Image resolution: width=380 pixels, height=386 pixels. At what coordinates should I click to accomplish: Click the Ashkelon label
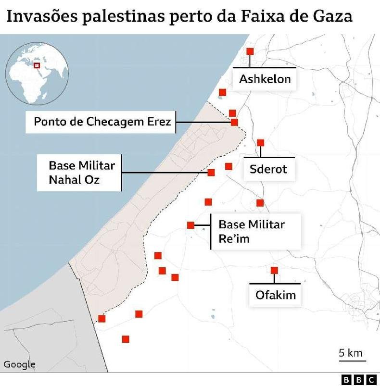[x=265, y=79]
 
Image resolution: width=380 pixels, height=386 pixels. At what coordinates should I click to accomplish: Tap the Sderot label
[x=268, y=169]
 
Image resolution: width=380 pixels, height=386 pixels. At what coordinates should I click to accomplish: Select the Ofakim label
[x=275, y=294]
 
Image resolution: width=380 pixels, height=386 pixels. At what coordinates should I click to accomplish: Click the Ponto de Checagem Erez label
[x=102, y=122]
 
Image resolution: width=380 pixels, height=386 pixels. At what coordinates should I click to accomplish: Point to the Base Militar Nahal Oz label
[x=81, y=173]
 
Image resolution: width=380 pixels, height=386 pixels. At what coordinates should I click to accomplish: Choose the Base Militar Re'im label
[x=252, y=231]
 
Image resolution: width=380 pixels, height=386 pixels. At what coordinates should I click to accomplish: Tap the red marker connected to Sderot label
[x=261, y=143]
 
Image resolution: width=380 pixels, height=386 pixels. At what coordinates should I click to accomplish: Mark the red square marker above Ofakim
[x=274, y=270]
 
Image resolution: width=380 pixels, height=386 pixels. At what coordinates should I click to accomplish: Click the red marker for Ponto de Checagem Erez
[x=234, y=122]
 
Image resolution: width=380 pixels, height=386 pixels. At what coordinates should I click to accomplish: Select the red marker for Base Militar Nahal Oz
[x=211, y=173]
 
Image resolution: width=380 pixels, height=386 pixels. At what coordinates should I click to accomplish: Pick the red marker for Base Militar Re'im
[x=190, y=225]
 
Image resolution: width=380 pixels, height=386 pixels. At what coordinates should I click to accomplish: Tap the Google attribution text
[x=20, y=364]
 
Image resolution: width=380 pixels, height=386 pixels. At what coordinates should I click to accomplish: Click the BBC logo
[x=359, y=379]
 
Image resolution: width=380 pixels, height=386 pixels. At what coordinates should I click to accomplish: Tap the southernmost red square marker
[x=126, y=339]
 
